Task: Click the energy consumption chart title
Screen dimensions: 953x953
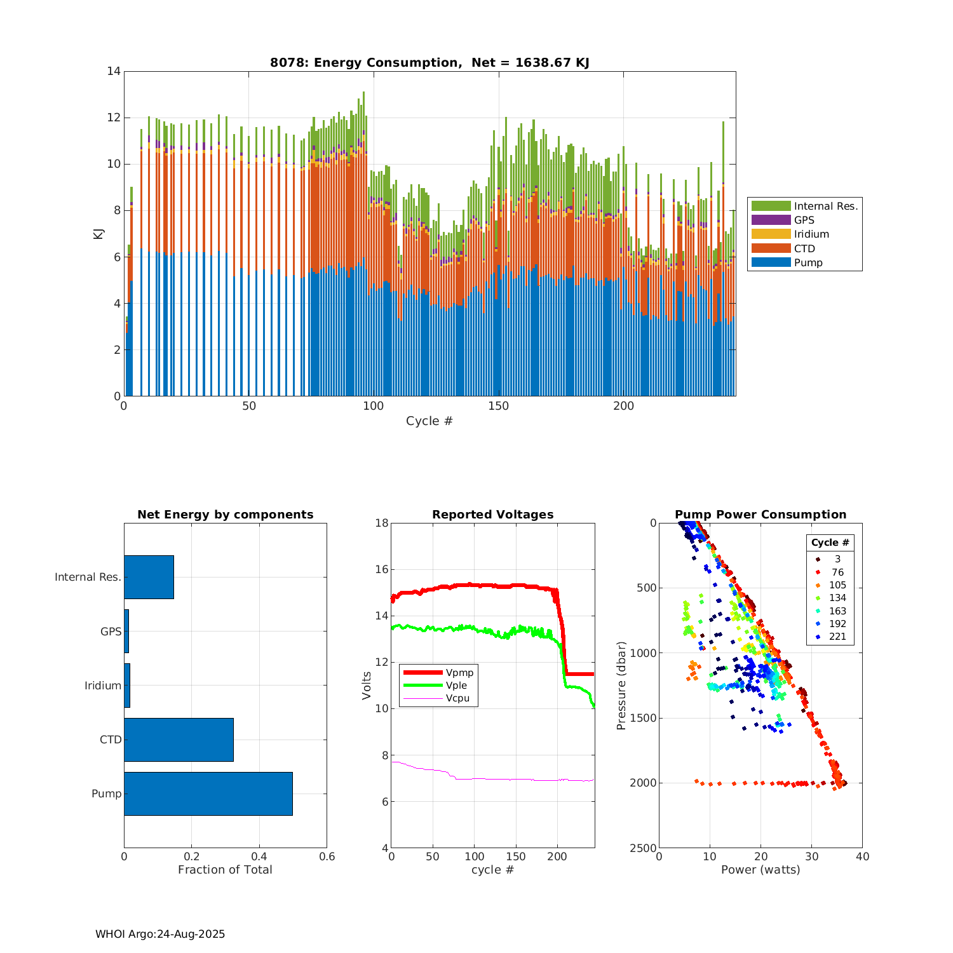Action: pos(429,62)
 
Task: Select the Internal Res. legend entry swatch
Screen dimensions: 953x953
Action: pos(771,206)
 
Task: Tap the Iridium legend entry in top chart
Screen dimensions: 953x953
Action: pos(811,234)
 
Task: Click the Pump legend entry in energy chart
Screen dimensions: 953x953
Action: pos(808,263)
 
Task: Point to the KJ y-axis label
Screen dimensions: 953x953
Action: pos(98,233)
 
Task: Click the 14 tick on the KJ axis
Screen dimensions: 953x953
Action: pos(114,71)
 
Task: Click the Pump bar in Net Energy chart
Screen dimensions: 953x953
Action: pos(208,794)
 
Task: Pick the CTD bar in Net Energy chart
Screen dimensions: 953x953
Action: pos(179,740)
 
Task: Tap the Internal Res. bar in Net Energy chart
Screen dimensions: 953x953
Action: pos(149,577)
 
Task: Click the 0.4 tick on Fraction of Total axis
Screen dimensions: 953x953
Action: pos(259,856)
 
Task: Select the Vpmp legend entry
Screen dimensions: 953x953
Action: pos(459,673)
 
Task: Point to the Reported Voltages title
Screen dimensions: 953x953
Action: pos(492,515)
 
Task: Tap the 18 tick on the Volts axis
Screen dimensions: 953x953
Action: pos(381,523)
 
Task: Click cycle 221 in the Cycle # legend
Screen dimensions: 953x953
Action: pos(837,637)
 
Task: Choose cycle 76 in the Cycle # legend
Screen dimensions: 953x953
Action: pos(837,572)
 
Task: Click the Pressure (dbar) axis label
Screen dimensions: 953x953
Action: pos(621,686)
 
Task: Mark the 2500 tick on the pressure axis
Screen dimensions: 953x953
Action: pos(643,848)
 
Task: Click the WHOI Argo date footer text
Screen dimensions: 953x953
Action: pos(160,934)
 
